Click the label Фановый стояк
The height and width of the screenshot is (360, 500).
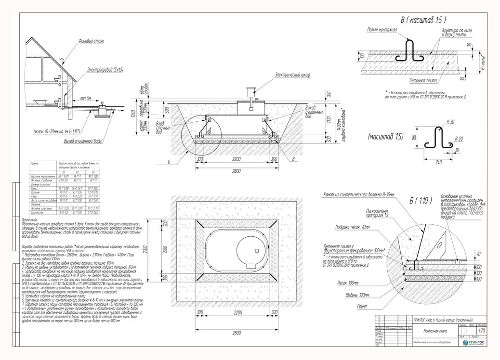tap(92, 41)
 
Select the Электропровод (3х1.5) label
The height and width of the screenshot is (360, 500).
tap(105, 70)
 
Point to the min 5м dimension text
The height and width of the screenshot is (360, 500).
tap(86, 98)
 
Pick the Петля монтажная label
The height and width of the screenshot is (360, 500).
tap(382, 30)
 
